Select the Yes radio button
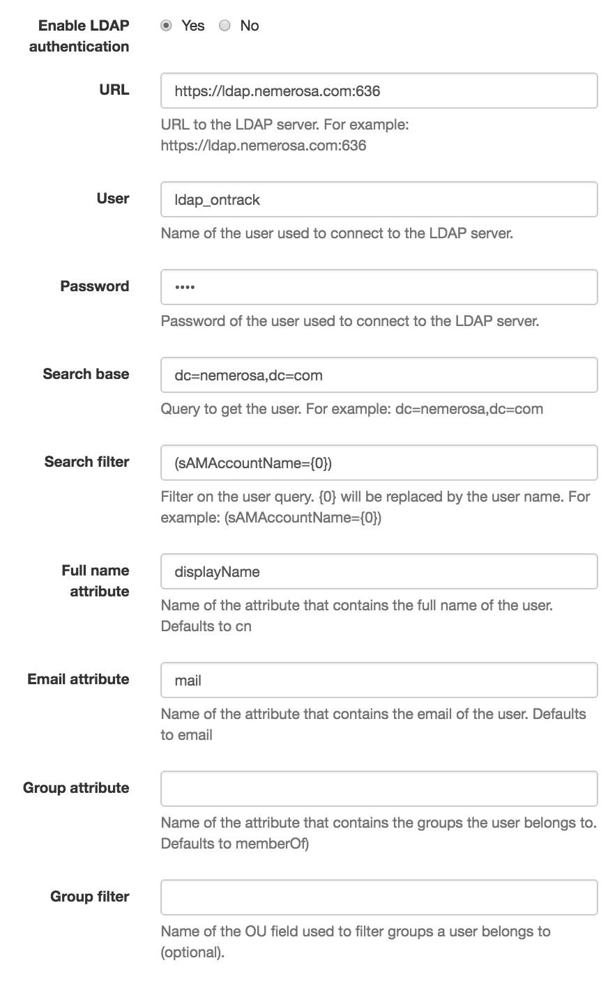[166, 26]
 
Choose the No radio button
[225, 26]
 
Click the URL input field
[379, 91]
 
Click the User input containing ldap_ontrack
[379, 199]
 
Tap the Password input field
[379, 287]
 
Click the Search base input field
[379, 375]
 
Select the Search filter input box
[379, 463]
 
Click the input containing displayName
[379, 571]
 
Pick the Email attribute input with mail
[379, 680]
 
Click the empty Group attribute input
[379, 789]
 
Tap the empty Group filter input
[379, 897]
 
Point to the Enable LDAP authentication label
[79, 36]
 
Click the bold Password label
[95, 286]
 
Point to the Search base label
[86, 374]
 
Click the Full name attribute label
[96, 581]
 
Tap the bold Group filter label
[90, 897]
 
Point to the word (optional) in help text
[192, 952]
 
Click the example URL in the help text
[264, 146]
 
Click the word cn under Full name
[243, 626]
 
